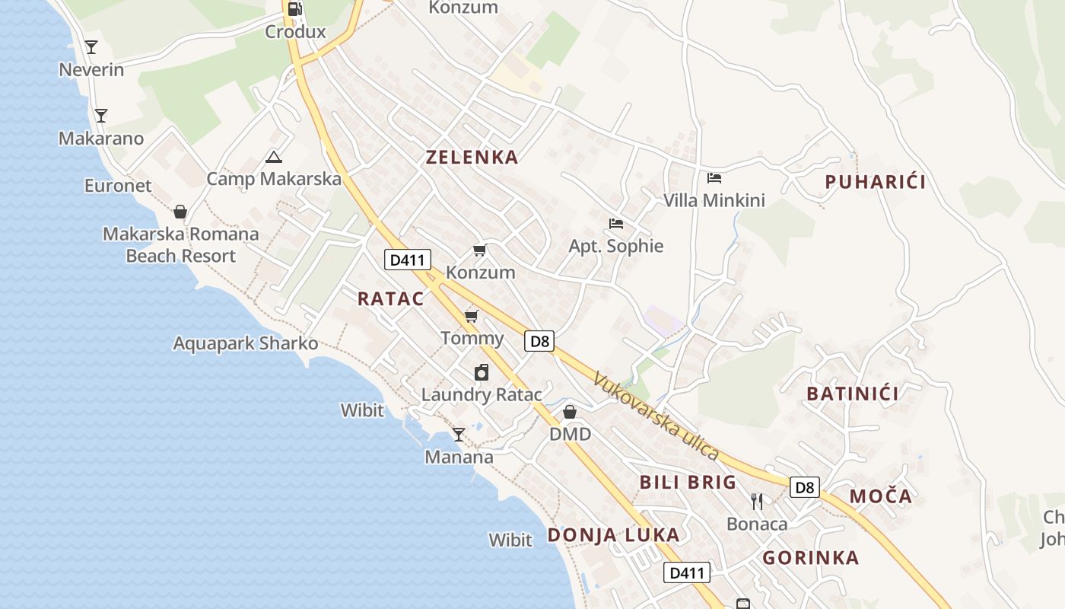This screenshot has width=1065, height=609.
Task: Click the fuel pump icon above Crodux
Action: [x=295, y=9]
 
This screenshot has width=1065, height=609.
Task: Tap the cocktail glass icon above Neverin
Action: [x=91, y=47]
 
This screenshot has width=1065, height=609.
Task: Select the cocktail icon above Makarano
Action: [x=100, y=116]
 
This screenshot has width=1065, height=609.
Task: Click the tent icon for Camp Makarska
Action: [x=274, y=158]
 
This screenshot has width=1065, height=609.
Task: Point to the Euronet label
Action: [x=118, y=186]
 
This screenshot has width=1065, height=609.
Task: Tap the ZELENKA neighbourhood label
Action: [x=472, y=158]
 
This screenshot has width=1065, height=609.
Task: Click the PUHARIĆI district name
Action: [x=876, y=182]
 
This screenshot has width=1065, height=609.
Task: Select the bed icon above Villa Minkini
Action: [x=714, y=178]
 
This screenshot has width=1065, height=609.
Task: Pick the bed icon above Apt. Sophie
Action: [x=616, y=224]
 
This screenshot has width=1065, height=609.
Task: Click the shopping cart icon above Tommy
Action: [x=472, y=316]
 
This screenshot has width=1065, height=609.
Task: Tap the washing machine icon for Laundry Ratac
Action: [x=481, y=372]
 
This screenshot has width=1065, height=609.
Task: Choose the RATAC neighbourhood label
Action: [x=391, y=298]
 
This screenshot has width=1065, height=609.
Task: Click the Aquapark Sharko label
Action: [x=246, y=343]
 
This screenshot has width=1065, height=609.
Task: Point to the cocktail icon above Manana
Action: [x=458, y=435]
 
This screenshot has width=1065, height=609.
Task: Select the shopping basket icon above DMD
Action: [x=570, y=412]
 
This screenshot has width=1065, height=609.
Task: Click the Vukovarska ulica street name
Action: [x=656, y=416]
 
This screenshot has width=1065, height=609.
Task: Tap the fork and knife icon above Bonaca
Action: [x=757, y=501]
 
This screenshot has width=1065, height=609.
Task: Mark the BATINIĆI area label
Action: [x=852, y=394]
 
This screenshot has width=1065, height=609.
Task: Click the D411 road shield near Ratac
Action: [x=407, y=260]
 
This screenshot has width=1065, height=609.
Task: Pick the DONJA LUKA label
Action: [x=613, y=535]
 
